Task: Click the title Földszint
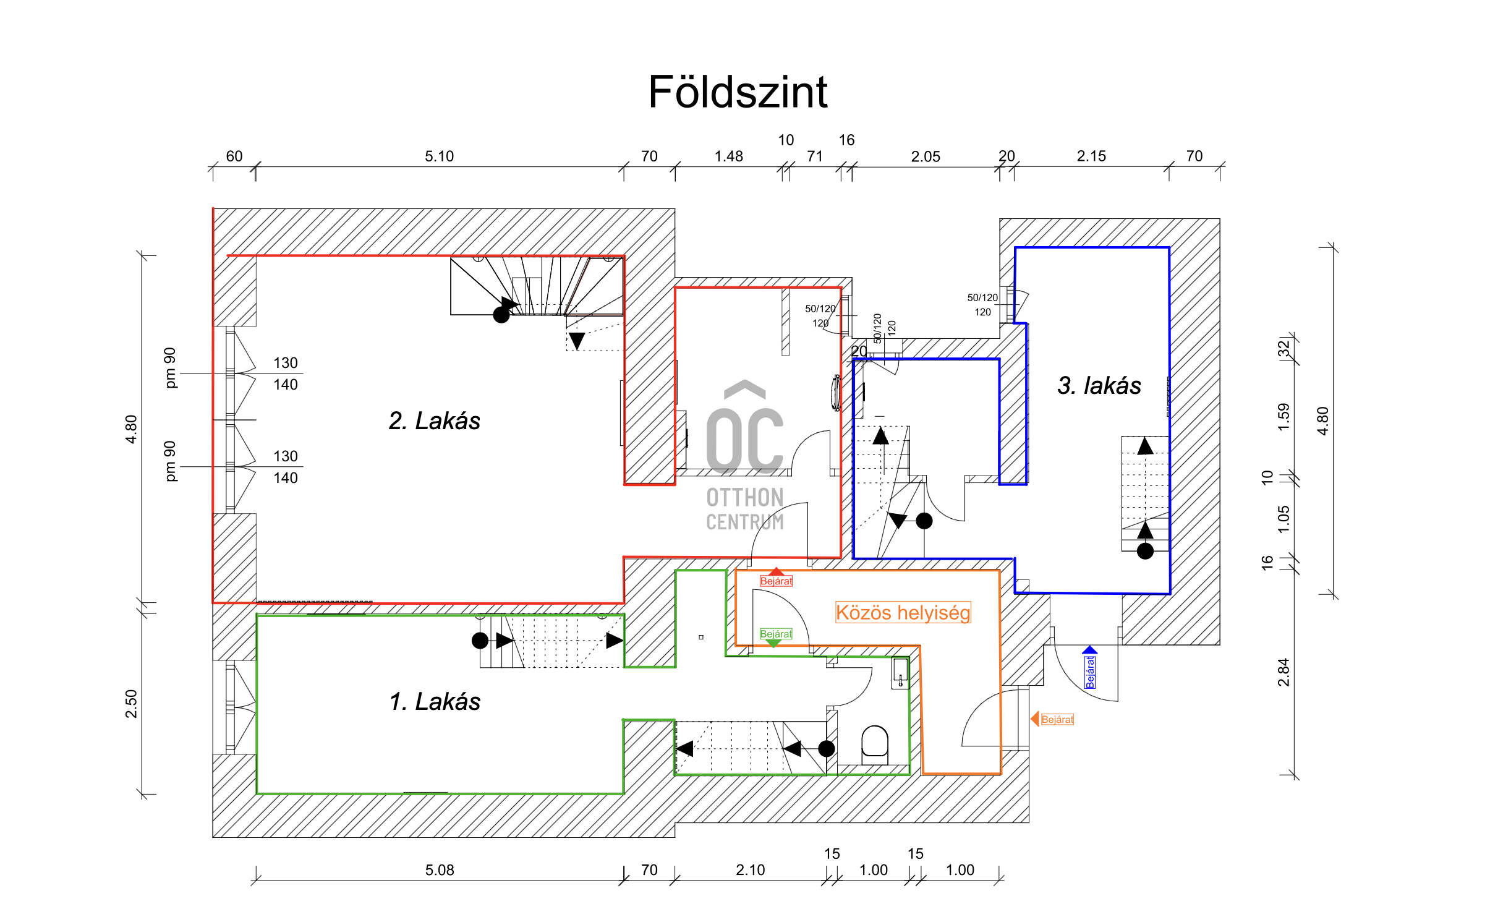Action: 737,93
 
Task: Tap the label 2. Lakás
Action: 434,421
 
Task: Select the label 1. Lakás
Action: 435,702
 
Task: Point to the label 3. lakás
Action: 1099,385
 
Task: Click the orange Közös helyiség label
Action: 903,612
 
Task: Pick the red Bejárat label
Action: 776,581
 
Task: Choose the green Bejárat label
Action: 776,634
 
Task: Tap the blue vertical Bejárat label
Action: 1090,672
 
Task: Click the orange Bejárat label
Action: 1057,719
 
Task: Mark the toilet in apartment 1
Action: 874,742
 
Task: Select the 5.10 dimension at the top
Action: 439,156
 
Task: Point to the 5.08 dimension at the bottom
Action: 439,870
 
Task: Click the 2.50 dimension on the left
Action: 131,704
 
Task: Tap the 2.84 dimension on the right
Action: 1284,672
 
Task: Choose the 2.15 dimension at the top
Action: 1091,156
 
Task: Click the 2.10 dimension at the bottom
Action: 750,870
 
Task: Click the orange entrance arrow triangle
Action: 1034,719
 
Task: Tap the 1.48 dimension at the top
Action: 728,156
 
